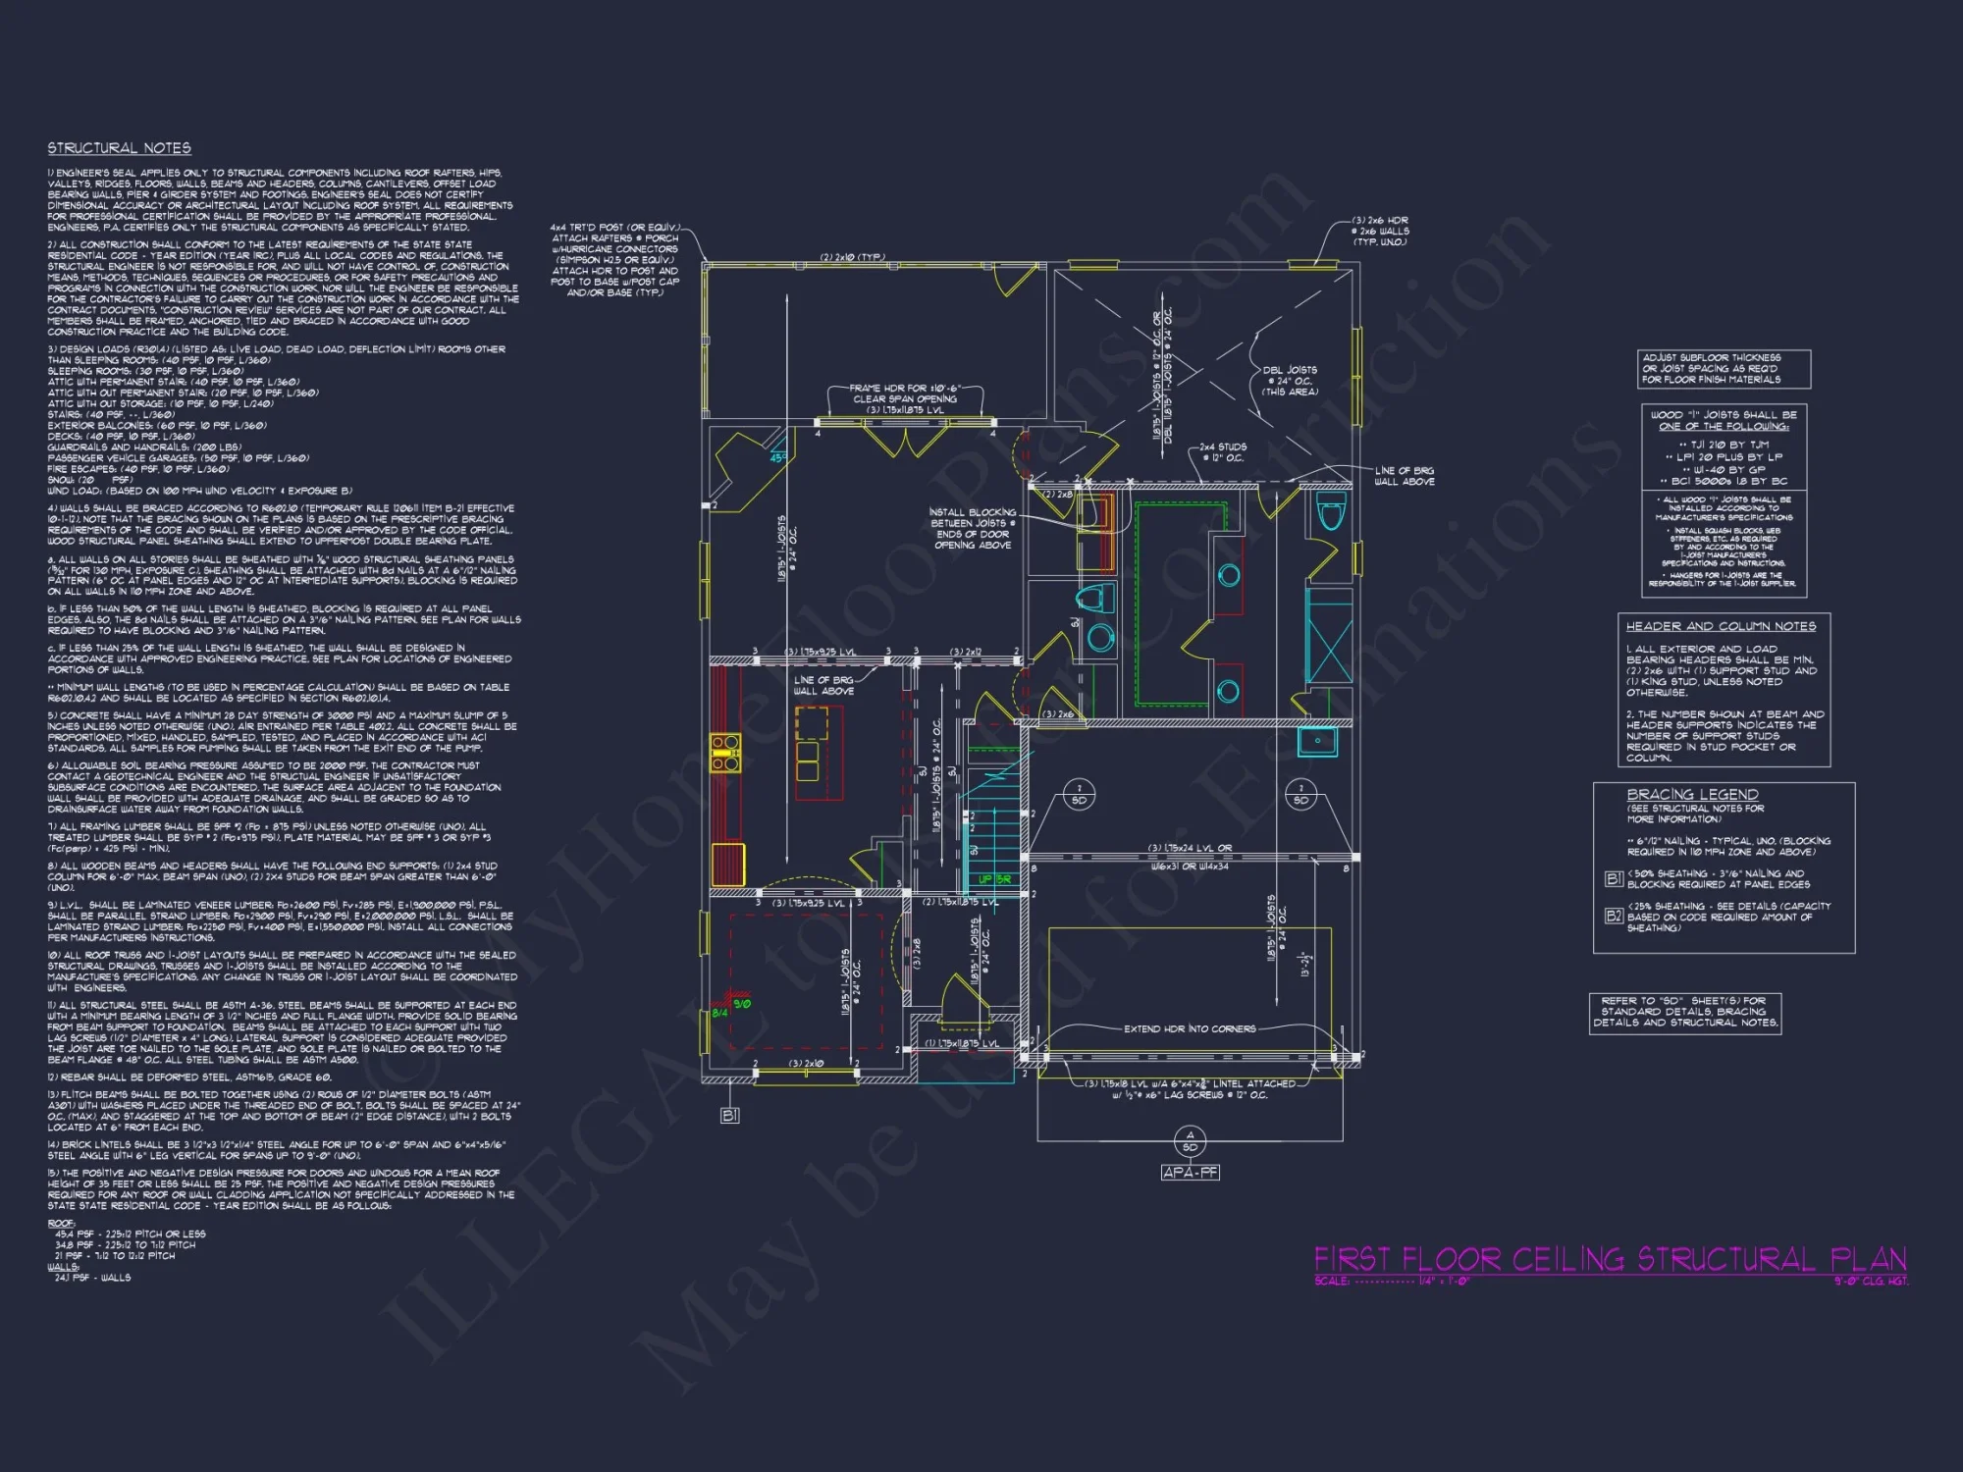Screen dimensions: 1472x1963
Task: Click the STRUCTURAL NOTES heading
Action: [x=120, y=148]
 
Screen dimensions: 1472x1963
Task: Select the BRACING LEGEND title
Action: [x=1692, y=794]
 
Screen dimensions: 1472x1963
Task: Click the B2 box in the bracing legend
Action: [x=1614, y=916]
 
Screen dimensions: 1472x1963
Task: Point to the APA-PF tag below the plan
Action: [x=1190, y=1172]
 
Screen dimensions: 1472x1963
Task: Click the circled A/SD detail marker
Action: [x=1190, y=1141]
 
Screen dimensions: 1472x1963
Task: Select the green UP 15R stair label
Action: [x=994, y=879]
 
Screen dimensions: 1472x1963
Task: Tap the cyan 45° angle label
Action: [x=777, y=457]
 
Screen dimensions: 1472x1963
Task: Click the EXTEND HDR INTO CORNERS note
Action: [x=1190, y=1028]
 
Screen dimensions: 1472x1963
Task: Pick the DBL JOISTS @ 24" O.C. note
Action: [x=1290, y=381]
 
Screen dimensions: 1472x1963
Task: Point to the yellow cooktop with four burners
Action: [x=725, y=752]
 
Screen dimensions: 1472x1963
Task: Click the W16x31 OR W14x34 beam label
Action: [x=1190, y=867]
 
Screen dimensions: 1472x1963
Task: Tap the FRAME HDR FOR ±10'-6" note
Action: [x=905, y=398]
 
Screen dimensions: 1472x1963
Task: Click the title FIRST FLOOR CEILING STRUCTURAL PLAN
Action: [x=1610, y=1259]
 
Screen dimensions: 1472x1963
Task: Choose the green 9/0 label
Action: [x=742, y=1004]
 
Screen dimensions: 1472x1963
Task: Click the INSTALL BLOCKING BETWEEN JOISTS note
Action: [x=973, y=528]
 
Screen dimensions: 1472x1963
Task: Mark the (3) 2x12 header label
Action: [x=966, y=652]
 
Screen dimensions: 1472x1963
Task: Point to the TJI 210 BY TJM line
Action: [x=1724, y=445]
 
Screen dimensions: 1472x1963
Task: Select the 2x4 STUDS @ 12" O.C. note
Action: [x=1222, y=452]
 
